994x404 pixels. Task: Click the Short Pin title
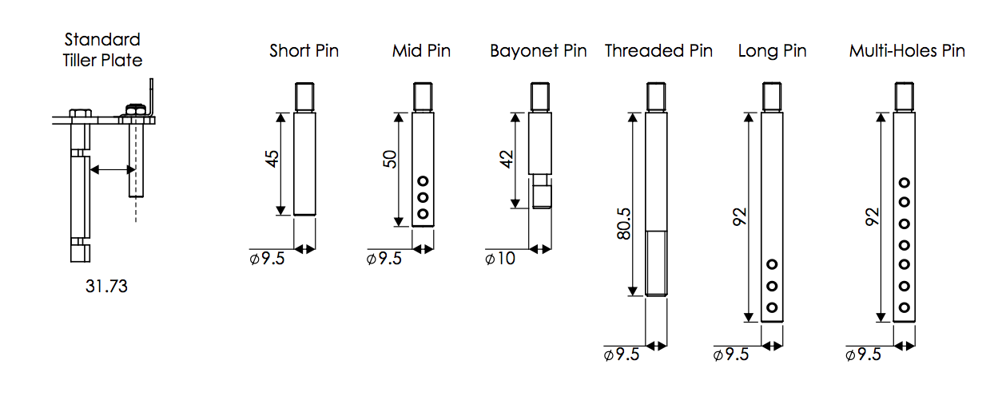pos(304,51)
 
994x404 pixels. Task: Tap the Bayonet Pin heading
pos(539,51)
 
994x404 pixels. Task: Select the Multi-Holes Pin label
pos(907,51)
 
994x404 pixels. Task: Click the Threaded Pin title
pos(658,51)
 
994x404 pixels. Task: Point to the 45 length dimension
pos(272,159)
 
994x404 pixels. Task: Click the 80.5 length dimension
pos(623,224)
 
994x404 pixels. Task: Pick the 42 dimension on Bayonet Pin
pos(507,159)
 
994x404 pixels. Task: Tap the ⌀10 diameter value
pos(500,259)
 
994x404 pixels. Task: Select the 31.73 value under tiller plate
pos(106,287)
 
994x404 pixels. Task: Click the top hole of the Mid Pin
pos(423,181)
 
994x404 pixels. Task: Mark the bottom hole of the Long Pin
pos(772,307)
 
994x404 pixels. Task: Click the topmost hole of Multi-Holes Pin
pos(905,182)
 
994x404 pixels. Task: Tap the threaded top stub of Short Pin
pos(305,97)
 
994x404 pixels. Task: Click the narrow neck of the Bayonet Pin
pos(540,180)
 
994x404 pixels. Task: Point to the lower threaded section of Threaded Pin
pos(656,263)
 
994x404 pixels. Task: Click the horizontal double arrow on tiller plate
pos(113,169)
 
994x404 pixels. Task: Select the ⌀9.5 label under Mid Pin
pos(384,259)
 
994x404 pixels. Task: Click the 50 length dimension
pos(389,159)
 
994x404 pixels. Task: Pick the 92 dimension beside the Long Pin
pos(740,217)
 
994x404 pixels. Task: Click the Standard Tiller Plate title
pos(102,50)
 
